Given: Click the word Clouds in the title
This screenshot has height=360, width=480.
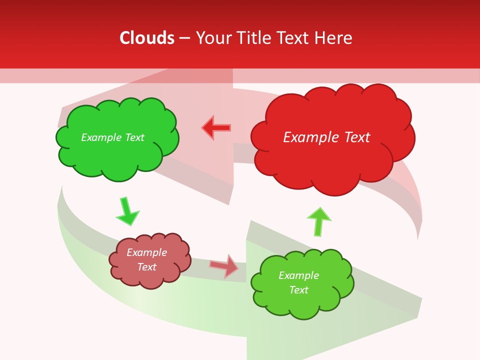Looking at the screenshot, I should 147,37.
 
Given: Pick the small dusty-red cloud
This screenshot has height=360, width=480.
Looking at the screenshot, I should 150,277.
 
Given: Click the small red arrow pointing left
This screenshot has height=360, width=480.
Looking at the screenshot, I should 216,128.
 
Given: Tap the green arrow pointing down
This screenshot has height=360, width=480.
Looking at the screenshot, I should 127,212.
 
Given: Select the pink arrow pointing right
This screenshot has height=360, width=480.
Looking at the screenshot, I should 224,266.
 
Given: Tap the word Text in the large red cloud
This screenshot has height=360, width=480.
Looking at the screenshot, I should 356,137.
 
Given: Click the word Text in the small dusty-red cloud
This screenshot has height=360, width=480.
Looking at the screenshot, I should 146,267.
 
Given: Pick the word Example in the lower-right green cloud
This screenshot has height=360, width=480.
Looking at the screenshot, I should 298,275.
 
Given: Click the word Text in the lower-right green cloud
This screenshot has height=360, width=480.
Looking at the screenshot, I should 298,290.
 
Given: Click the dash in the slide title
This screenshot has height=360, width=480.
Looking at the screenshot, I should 184,38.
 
